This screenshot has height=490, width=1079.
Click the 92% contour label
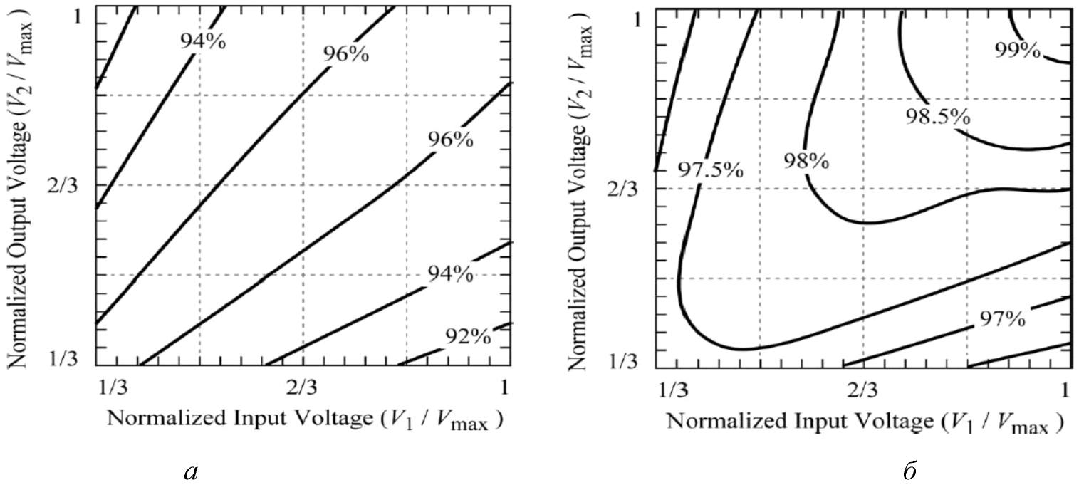[468, 335]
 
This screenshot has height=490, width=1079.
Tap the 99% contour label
[1017, 51]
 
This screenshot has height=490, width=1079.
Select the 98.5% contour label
[937, 116]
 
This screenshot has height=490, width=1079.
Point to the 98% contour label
[806, 160]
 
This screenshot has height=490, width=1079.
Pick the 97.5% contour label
[700, 170]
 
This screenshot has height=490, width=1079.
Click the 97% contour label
[1001, 318]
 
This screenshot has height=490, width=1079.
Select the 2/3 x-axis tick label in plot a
[302, 388]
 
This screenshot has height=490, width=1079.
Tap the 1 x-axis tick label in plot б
[1066, 390]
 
